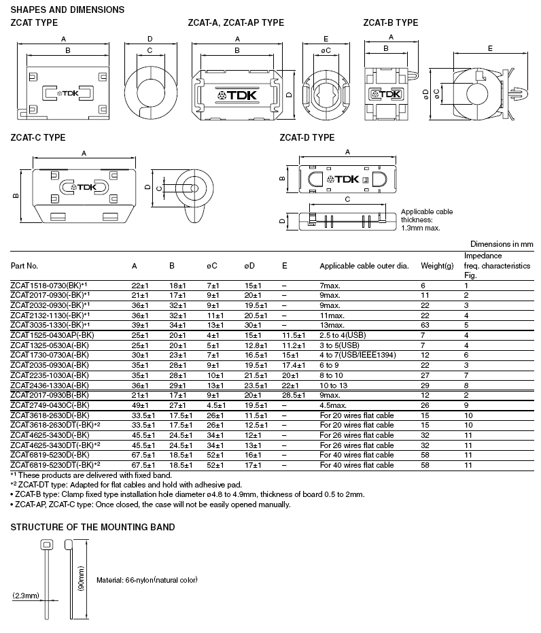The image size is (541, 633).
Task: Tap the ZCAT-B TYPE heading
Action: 391,22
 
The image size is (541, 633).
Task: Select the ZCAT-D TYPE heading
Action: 307,137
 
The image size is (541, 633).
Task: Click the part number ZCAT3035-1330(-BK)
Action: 51,325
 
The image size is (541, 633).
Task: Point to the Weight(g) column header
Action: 437,265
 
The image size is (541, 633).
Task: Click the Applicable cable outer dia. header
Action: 364,265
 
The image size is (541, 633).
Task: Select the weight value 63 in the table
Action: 425,325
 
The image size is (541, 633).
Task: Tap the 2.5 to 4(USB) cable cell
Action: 346,335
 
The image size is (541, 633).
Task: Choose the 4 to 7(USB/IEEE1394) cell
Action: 357,355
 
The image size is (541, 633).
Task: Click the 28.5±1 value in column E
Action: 293,395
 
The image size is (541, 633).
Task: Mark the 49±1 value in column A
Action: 139,405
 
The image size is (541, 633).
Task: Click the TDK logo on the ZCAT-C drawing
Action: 84,187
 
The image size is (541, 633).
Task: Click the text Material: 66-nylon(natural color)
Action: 147,580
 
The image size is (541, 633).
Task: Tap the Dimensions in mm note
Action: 502,243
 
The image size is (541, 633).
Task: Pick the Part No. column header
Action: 24,265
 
